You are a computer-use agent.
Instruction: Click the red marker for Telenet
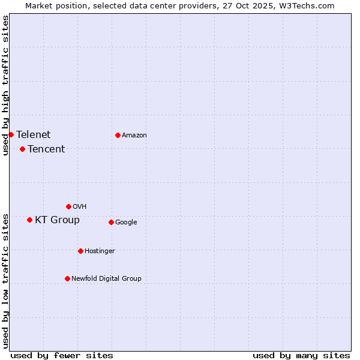(11, 134)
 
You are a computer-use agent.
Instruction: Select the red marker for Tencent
(22, 149)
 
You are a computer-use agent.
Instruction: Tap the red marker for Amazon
(118, 135)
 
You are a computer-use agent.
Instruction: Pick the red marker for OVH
(68, 206)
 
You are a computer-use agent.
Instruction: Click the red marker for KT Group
(29, 220)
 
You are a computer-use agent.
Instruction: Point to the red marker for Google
(111, 222)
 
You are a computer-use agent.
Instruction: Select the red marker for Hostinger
(80, 251)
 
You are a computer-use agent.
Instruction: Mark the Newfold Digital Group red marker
(67, 278)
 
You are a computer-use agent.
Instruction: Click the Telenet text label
(34, 134)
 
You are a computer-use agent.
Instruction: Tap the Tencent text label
(46, 149)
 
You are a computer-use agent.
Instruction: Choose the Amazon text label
(134, 135)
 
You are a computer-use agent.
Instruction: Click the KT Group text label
(57, 220)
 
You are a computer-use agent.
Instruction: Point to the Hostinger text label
(100, 251)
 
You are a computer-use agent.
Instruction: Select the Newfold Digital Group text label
(106, 278)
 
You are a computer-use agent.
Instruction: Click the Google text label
(126, 222)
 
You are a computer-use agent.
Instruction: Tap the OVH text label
(80, 206)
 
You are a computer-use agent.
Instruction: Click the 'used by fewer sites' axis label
(62, 355)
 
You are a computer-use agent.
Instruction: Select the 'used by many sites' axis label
(301, 355)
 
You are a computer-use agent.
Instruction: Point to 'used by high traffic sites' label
(5, 85)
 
